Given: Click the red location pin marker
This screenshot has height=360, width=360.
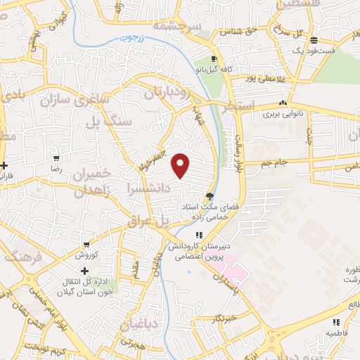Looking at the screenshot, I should pyautogui.click(x=181, y=165).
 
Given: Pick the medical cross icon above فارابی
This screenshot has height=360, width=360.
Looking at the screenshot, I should pyautogui.click(x=5, y=166).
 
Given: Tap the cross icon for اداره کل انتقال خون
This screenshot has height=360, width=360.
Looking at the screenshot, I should pyautogui.click(x=85, y=270).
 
